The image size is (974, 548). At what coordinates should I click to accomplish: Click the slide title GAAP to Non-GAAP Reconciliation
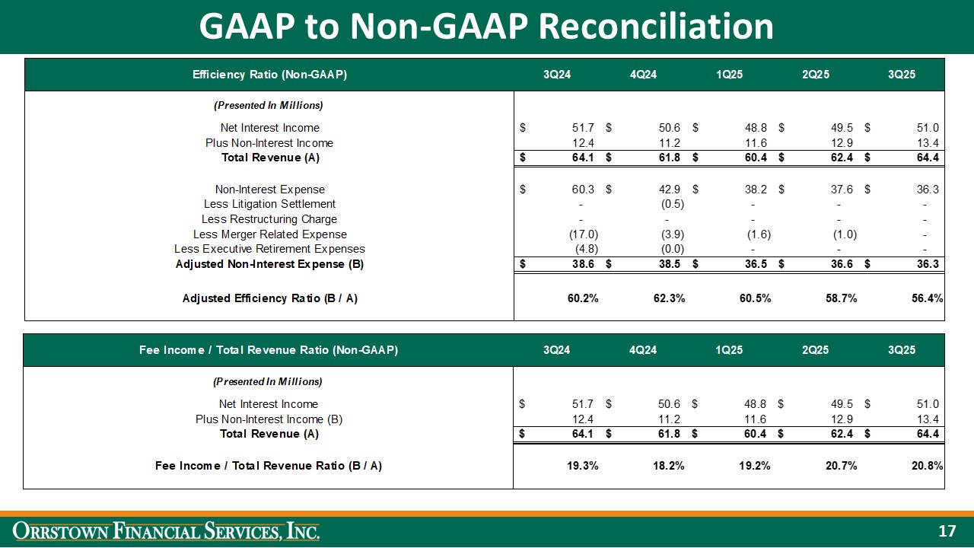pyautogui.click(x=486, y=27)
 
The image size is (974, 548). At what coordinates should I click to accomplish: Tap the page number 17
pyautogui.click(x=947, y=530)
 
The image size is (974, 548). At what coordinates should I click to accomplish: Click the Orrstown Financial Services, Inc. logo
pyautogui.click(x=168, y=530)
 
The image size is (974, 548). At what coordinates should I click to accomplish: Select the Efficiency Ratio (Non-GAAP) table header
pyautogui.click(x=270, y=75)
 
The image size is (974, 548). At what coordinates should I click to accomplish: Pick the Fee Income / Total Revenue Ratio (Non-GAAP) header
pyautogui.click(x=269, y=350)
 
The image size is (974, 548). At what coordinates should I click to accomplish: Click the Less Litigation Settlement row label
pyautogui.click(x=269, y=204)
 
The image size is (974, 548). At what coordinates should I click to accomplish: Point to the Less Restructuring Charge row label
pyautogui.click(x=269, y=219)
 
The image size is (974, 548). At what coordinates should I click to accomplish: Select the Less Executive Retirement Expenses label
pyautogui.click(x=269, y=249)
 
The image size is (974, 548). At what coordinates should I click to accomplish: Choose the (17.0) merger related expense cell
pyautogui.click(x=584, y=234)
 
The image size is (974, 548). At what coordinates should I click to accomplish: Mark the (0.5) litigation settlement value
pyautogui.click(x=672, y=204)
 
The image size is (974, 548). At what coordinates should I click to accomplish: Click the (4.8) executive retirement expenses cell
pyautogui.click(x=586, y=249)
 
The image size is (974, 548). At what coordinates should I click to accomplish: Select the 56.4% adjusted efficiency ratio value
pyautogui.click(x=927, y=298)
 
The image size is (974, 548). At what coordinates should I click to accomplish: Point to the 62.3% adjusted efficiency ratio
pyautogui.click(x=669, y=298)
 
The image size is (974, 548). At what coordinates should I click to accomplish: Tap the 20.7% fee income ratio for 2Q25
pyautogui.click(x=841, y=466)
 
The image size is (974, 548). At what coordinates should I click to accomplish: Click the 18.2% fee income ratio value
pyautogui.click(x=669, y=466)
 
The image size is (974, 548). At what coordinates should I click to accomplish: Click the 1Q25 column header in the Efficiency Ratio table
pyautogui.click(x=729, y=75)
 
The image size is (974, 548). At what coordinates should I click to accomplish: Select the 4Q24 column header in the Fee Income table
pyautogui.click(x=643, y=350)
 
